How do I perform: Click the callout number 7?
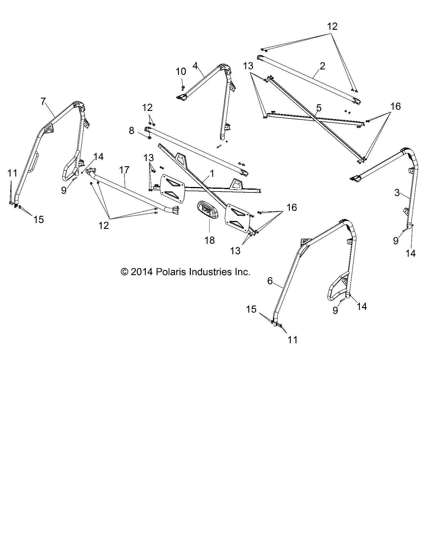coord(44,102)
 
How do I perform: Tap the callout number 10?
coord(181,72)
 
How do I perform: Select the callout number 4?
coord(195,65)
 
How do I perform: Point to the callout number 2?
coord(322,66)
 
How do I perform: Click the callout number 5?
coord(319,108)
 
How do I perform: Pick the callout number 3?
coord(397,193)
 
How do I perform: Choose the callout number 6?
coord(270,281)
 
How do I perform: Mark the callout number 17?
coord(124,170)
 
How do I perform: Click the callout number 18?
coord(210,240)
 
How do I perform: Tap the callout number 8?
coord(132,131)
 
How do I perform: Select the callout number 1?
coord(212,173)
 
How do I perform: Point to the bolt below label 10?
coord(183,88)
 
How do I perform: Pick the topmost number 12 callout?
coord(332,26)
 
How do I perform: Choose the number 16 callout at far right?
coord(396,106)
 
